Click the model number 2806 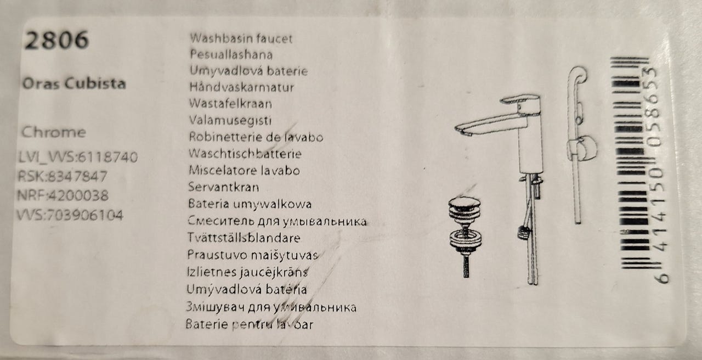[56, 40]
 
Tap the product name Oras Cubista [74, 83]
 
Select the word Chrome [54, 132]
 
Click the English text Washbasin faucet [241, 38]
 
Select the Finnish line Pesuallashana [231, 54]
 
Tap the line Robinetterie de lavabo [256, 137]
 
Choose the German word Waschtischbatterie [245, 154]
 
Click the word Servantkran [223, 187]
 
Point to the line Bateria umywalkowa [250, 204]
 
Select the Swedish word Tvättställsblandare [244, 238]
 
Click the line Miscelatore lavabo [244, 171]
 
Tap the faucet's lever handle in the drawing [520, 100]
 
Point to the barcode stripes [631, 163]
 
